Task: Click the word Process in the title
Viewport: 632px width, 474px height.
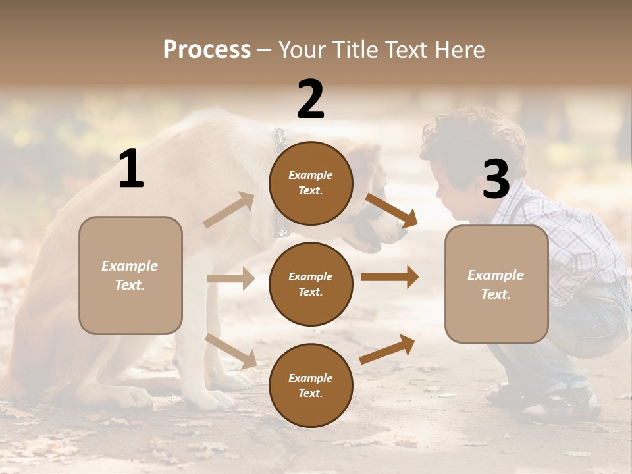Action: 207,49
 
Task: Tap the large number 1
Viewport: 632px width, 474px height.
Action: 131,169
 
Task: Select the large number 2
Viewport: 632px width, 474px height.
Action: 311,99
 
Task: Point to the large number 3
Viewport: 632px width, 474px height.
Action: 496,179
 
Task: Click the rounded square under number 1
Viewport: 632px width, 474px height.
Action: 130,275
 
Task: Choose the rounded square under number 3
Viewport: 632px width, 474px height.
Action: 496,284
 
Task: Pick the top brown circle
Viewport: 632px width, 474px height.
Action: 311,183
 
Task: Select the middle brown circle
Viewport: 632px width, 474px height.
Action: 311,284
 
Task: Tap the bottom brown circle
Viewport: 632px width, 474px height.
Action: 311,385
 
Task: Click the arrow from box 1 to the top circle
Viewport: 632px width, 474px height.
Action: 229,210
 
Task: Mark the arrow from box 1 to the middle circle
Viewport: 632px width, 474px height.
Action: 230,278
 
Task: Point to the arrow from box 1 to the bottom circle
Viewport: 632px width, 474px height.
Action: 230,350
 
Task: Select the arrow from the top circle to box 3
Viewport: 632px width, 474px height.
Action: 392,210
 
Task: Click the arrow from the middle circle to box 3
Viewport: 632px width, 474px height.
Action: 390,276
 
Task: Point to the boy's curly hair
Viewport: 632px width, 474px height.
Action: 471,135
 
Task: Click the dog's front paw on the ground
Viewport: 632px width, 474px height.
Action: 135,395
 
